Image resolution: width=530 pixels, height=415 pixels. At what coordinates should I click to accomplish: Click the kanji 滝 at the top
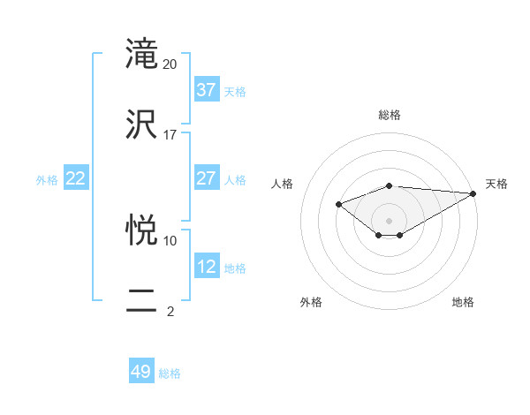pos(142,54)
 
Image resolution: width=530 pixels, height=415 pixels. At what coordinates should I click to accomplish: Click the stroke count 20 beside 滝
pos(170,64)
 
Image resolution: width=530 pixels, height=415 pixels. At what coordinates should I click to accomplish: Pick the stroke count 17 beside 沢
pos(170,135)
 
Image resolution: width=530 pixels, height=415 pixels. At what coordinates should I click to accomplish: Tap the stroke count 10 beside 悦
pos(170,240)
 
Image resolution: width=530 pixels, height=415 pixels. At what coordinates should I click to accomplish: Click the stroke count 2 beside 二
pos(170,311)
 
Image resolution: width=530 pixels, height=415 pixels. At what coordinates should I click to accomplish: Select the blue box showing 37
pos(207,90)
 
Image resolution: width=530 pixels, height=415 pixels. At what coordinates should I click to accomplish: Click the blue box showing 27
pos(207,178)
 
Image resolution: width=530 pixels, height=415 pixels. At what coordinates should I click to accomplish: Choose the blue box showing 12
pos(207,267)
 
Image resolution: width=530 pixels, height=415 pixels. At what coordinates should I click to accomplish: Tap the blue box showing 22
pos(76,178)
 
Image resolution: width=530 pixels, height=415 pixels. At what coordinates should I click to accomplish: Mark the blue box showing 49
pos(141,372)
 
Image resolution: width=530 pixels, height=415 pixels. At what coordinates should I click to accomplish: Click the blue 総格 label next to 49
pos(170,373)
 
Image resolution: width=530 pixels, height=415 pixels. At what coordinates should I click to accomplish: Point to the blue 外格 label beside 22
pos(47,180)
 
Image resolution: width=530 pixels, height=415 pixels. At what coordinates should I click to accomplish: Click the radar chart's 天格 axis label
pos(496,184)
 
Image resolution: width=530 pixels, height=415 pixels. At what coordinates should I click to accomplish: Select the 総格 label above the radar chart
pos(390,115)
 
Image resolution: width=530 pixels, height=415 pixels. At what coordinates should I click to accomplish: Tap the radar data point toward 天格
pos(473,193)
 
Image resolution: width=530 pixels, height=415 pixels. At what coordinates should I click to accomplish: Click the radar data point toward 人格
pos(338,205)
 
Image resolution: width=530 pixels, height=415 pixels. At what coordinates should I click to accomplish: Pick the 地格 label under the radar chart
pos(463,302)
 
